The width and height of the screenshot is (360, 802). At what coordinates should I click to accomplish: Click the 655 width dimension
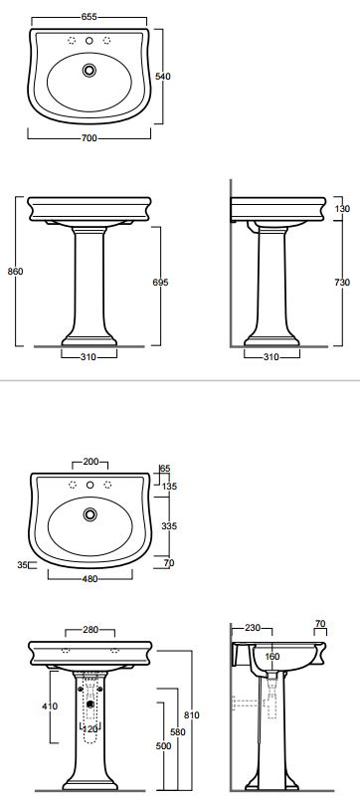89,17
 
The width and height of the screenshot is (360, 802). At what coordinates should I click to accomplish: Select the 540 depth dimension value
163,77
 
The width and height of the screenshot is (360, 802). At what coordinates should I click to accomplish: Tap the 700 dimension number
89,138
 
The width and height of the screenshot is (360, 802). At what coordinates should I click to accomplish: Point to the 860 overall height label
15,272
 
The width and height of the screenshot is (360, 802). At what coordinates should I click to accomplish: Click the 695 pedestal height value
160,283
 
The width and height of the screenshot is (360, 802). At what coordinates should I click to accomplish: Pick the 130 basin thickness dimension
342,209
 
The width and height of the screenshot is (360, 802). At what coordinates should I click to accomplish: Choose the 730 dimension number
342,283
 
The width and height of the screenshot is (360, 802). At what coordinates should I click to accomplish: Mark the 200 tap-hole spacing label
90,462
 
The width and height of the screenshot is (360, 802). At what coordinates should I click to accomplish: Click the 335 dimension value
169,525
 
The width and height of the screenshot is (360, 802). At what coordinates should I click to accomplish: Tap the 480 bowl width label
90,579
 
